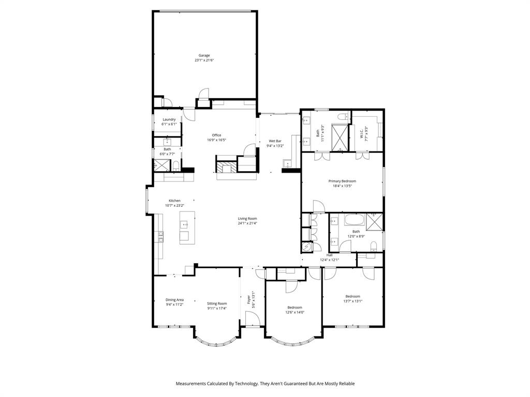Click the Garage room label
point(204,55)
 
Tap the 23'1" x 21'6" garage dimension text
point(204,60)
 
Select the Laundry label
point(169,119)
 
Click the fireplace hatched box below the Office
point(226,167)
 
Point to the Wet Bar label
point(275,141)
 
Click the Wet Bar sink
point(287,165)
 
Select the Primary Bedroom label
point(342,181)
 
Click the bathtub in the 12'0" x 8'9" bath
point(355,221)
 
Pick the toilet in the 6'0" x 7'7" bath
point(176,166)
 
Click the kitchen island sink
point(184,225)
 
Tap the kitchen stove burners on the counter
point(160,236)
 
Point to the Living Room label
point(247,218)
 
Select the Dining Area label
point(174,300)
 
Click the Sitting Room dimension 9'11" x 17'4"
point(217,309)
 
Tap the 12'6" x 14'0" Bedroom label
point(295,307)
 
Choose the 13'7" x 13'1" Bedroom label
point(352,296)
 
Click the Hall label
point(329,255)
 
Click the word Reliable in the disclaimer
point(344,384)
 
